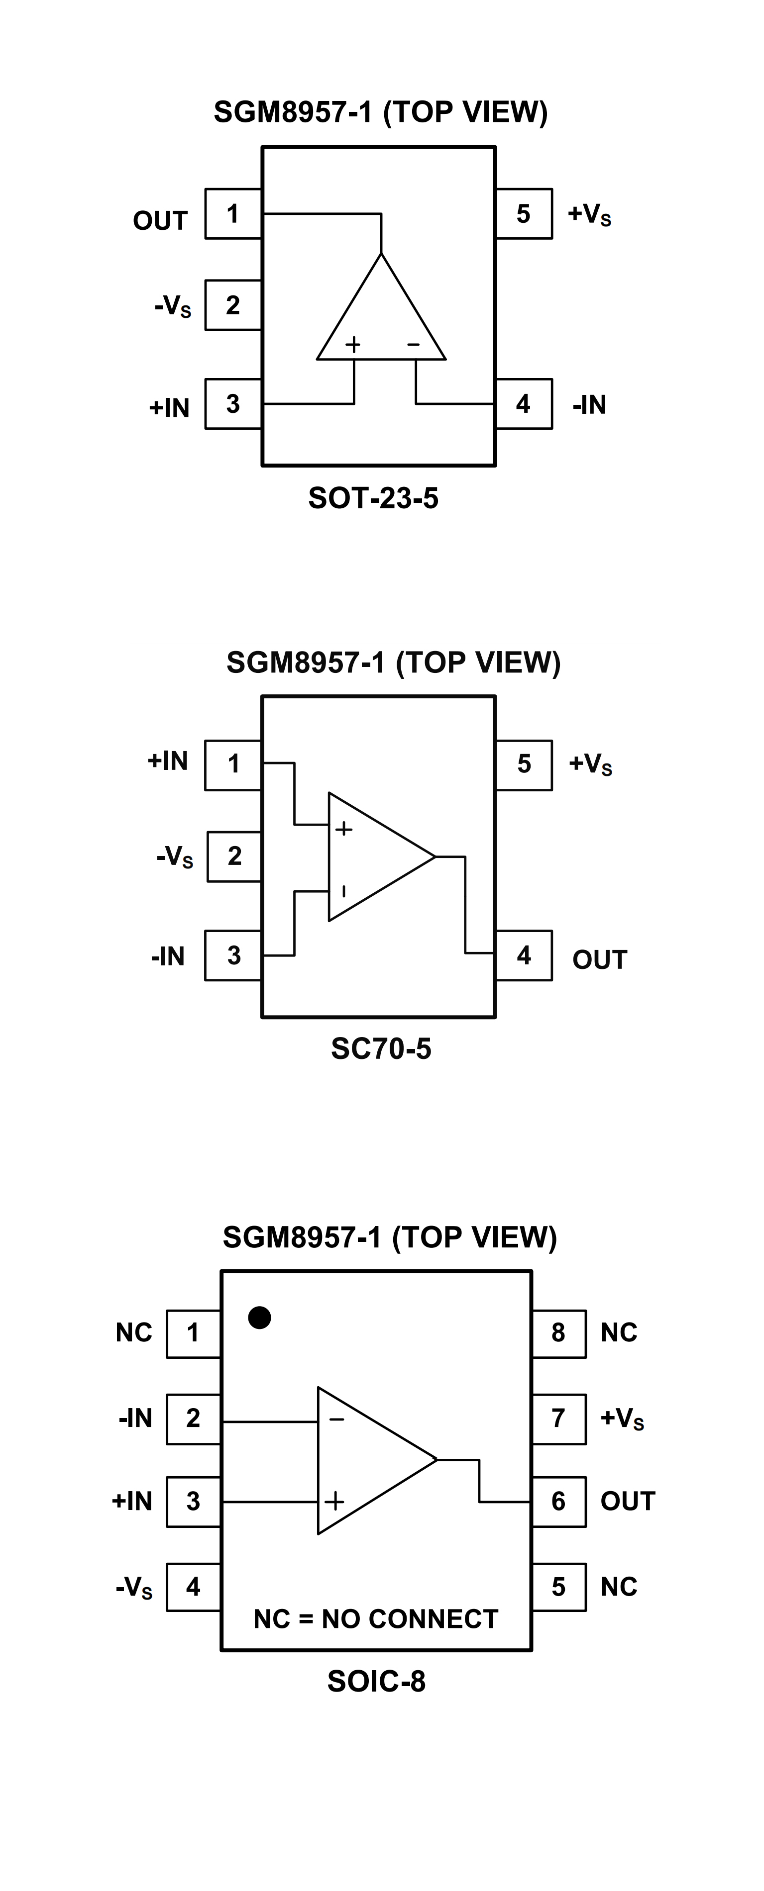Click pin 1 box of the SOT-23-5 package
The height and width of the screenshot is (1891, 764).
coord(233,213)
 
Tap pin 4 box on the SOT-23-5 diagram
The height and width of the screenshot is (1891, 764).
coord(523,404)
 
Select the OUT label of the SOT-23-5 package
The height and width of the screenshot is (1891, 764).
coord(160,220)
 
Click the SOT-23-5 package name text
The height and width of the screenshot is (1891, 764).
coord(373,498)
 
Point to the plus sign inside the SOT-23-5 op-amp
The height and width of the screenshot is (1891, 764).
coord(353,344)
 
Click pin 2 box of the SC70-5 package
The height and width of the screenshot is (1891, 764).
coord(234,856)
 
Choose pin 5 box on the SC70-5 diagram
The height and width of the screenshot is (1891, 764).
coord(524,764)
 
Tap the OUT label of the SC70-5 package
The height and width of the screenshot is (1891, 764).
coord(599,959)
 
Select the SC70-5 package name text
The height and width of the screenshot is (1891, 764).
coord(381,1049)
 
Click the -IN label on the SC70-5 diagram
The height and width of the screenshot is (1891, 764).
coord(168,956)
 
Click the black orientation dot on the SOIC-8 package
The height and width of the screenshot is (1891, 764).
coord(259,1318)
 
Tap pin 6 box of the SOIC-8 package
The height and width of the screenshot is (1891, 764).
coord(558,1501)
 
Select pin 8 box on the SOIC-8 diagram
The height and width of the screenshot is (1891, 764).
coord(558,1332)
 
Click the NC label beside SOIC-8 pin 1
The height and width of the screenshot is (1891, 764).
coord(134,1332)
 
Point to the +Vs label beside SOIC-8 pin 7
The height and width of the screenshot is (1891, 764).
coord(622,1418)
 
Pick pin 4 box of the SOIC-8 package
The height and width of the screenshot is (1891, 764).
coord(193,1587)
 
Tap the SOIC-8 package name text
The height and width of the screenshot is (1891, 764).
coord(376,1681)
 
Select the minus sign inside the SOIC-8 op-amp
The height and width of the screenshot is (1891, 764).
coord(336,1419)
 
